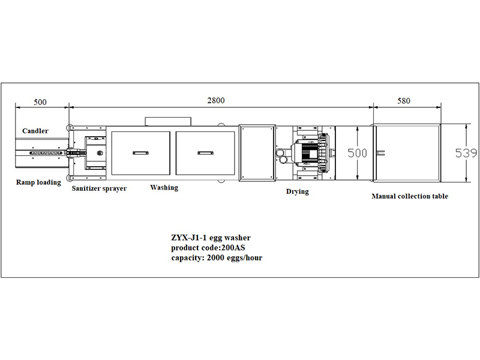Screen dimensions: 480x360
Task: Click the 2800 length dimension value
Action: (x=216, y=100)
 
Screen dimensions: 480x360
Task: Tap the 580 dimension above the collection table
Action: (x=403, y=101)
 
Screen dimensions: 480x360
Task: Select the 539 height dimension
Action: (x=466, y=153)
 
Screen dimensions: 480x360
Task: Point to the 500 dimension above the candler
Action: (x=40, y=102)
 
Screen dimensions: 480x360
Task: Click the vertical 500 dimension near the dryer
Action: (x=357, y=153)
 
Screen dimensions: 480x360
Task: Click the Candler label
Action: (x=35, y=131)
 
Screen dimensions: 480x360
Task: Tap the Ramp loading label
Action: (x=38, y=182)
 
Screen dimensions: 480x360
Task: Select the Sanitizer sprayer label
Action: (x=99, y=188)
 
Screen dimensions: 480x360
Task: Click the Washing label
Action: (x=164, y=187)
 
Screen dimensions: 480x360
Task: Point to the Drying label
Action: (x=297, y=191)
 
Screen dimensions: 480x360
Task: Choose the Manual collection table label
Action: (x=410, y=196)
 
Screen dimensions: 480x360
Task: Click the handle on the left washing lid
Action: (x=140, y=153)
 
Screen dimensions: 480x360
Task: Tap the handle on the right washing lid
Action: (x=205, y=153)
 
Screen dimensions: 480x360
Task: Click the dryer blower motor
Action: (x=309, y=152)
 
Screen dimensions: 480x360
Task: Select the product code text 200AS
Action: (x=233, y=248)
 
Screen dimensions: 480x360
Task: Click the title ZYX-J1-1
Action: (x=189, y=238)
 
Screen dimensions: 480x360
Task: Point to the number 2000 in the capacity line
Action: (x=216, y=258)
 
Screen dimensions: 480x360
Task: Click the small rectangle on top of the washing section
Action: (x=169, y=121)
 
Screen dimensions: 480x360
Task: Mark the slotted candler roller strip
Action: (x=46, y=153)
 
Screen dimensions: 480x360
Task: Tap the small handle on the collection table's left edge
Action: (x=380, y=153)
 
